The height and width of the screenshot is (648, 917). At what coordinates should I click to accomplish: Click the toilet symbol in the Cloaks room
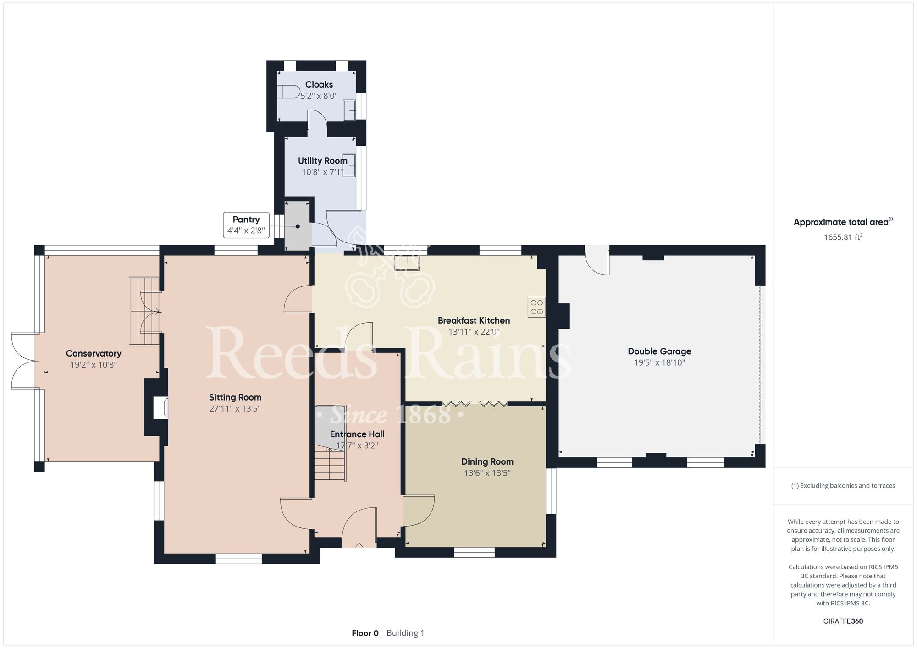(x=288, y=92)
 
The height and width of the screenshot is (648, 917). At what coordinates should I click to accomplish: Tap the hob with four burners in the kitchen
(x=536, y=307)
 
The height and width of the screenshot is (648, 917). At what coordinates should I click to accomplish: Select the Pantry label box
(x=246, y=225)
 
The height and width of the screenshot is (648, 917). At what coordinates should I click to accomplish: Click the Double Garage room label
(x=659, y=351)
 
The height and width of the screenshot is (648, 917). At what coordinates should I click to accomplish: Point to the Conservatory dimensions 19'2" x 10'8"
(x=94, y=365)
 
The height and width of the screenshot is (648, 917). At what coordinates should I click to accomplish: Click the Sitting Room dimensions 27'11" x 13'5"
(x=235, y=408)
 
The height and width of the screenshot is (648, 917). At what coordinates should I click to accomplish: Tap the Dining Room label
(x=487, y=461)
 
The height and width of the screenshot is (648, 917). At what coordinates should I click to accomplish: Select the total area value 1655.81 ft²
(x=843, y=237)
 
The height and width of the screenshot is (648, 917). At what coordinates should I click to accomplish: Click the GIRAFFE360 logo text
(x=843, y=621)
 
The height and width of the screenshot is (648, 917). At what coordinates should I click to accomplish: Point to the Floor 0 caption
(x=365, y=633)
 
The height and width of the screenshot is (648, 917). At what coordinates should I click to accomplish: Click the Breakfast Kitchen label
(x=474, y=320)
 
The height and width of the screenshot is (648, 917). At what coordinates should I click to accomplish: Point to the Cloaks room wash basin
(x=350, y=110)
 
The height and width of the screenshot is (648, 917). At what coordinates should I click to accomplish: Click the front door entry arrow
(x=359, y=546)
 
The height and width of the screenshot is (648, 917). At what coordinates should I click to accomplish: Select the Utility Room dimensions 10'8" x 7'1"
(x=322, y=172)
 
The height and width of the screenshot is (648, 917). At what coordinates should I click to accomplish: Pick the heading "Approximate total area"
(x=841, y=222)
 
